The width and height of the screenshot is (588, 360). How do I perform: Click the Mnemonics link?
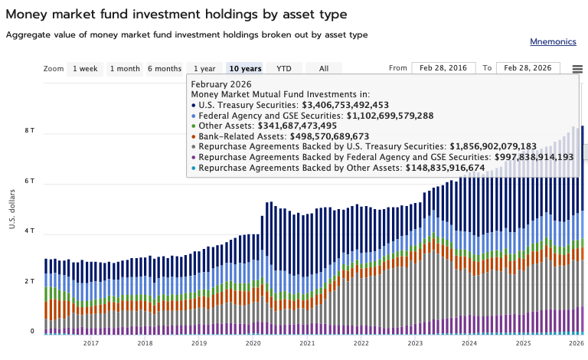click(554, 41)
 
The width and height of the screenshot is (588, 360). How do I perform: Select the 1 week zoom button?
click(85, 68)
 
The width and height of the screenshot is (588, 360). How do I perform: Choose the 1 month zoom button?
click(125, 68)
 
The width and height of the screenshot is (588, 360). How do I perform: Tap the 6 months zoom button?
click(165, 68)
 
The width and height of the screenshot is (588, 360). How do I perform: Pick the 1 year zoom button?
click(204, 68)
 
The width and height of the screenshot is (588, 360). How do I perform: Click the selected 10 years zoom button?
click(245, 68)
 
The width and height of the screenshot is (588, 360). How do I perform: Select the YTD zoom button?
click(284, 68)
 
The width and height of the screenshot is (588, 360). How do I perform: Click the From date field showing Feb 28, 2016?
click(443, 68)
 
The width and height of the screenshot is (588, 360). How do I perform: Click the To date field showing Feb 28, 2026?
click(528, 68)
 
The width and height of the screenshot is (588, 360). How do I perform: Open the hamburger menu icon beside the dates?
click(577, 69)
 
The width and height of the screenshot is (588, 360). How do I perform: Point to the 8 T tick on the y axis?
click(30, 131)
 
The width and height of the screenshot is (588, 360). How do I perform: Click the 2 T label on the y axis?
click(30, 281)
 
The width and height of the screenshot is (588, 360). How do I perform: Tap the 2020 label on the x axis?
click(253, 344)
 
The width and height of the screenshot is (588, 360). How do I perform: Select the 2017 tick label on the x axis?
click(90, 344)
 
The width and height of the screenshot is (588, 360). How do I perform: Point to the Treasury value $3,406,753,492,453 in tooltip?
click(345, 105)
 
